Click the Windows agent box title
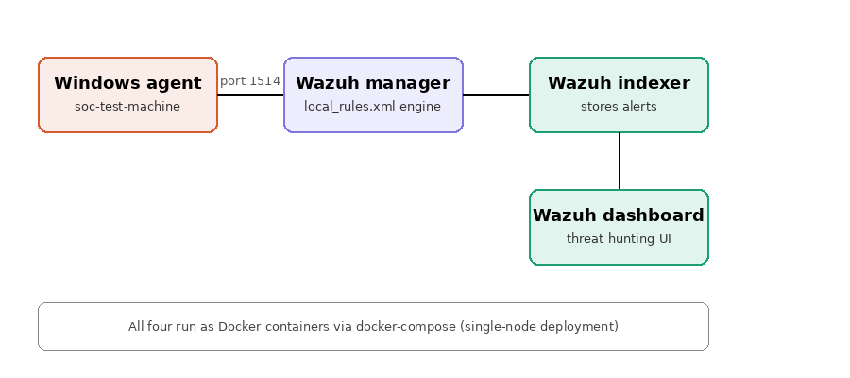tap(127, 83)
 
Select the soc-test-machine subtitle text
tap(127, 106)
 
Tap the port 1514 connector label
tap(250, 81)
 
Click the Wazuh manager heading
tap(373, 83)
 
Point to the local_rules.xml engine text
tap(372, 106)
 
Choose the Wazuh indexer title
tap(619, 83)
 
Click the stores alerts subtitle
tap(619, 106)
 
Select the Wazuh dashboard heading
tap(619, 215)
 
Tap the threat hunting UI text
tap(619, 239)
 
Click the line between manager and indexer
tap(496, 95)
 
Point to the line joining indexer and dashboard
tap(619, 161)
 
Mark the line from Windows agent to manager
tap(250, 95)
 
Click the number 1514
tap(265, 81)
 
